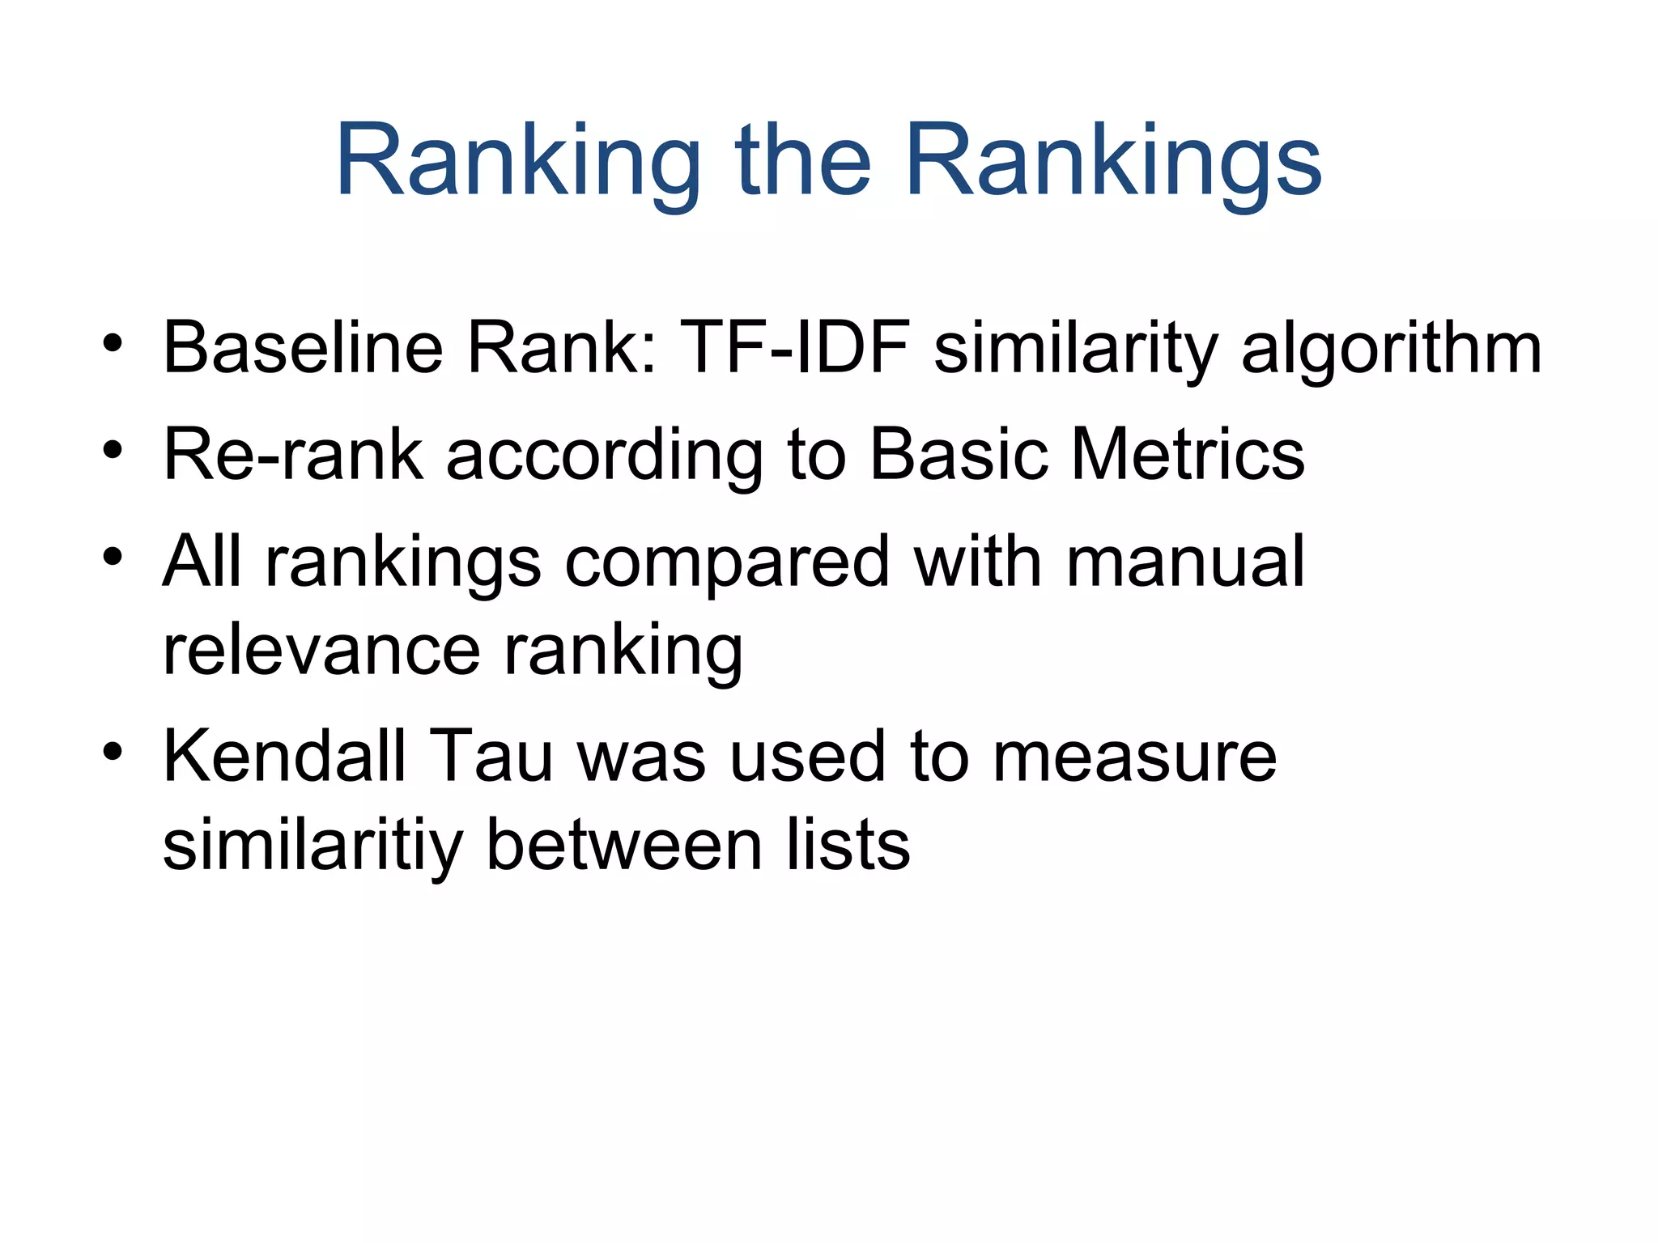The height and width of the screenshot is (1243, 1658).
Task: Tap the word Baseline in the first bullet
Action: (303, 348)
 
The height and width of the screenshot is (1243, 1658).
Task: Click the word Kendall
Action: (284, 756)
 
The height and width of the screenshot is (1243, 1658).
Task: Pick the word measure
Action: (1134, 757)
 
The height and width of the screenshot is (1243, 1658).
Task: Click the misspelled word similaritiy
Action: (312, 845)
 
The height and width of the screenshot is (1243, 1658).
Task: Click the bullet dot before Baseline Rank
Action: (113, 343)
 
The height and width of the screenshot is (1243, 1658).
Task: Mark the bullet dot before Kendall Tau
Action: (113, 753)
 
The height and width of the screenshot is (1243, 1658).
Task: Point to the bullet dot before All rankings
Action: (113, 558)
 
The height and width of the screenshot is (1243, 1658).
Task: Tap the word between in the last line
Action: (624, 845)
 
